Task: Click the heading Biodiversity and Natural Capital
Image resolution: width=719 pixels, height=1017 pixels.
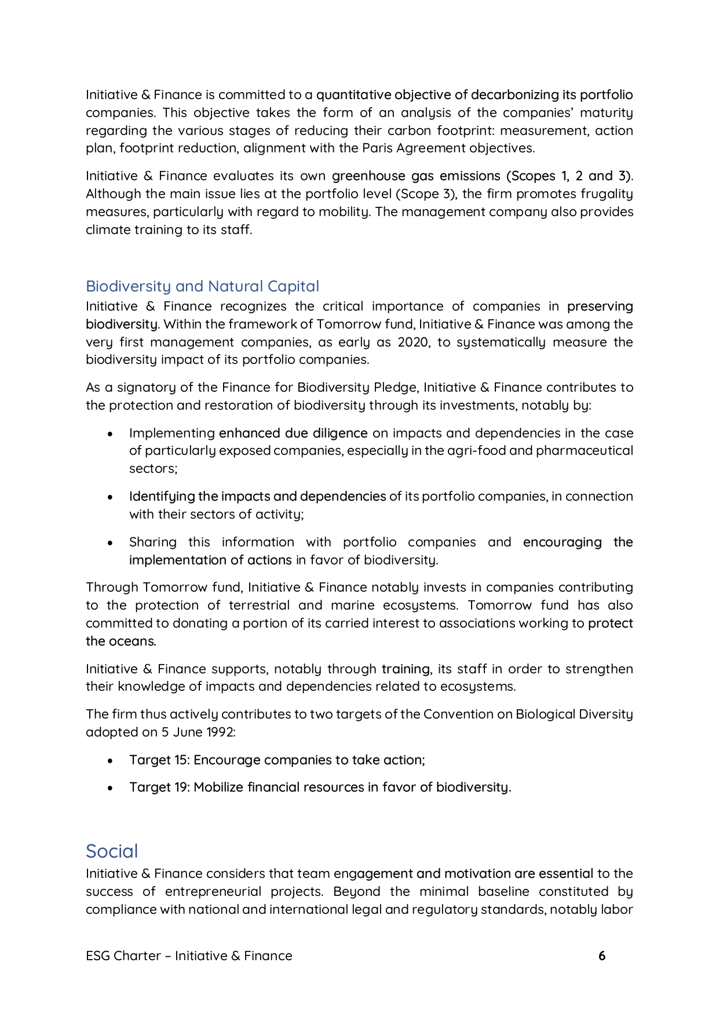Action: point(202,286)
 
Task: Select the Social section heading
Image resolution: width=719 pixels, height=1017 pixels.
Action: point(112,851)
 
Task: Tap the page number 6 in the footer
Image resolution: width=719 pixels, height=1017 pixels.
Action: point(602,956)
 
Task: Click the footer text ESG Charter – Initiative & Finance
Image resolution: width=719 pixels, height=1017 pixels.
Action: point(189,956)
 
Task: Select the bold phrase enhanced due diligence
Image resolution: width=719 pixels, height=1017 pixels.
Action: point(293,433)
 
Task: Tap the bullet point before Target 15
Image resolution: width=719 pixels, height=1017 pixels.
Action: point(110,760)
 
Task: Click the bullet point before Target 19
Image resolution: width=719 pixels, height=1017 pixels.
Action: point(110,788)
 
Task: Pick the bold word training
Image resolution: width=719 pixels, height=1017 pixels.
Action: point(406,669)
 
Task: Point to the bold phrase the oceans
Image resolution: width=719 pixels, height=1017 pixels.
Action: point(121,641)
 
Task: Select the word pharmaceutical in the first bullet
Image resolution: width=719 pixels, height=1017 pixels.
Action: point(584,451)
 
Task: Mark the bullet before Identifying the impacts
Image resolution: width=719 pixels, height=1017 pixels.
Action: point(110,497)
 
